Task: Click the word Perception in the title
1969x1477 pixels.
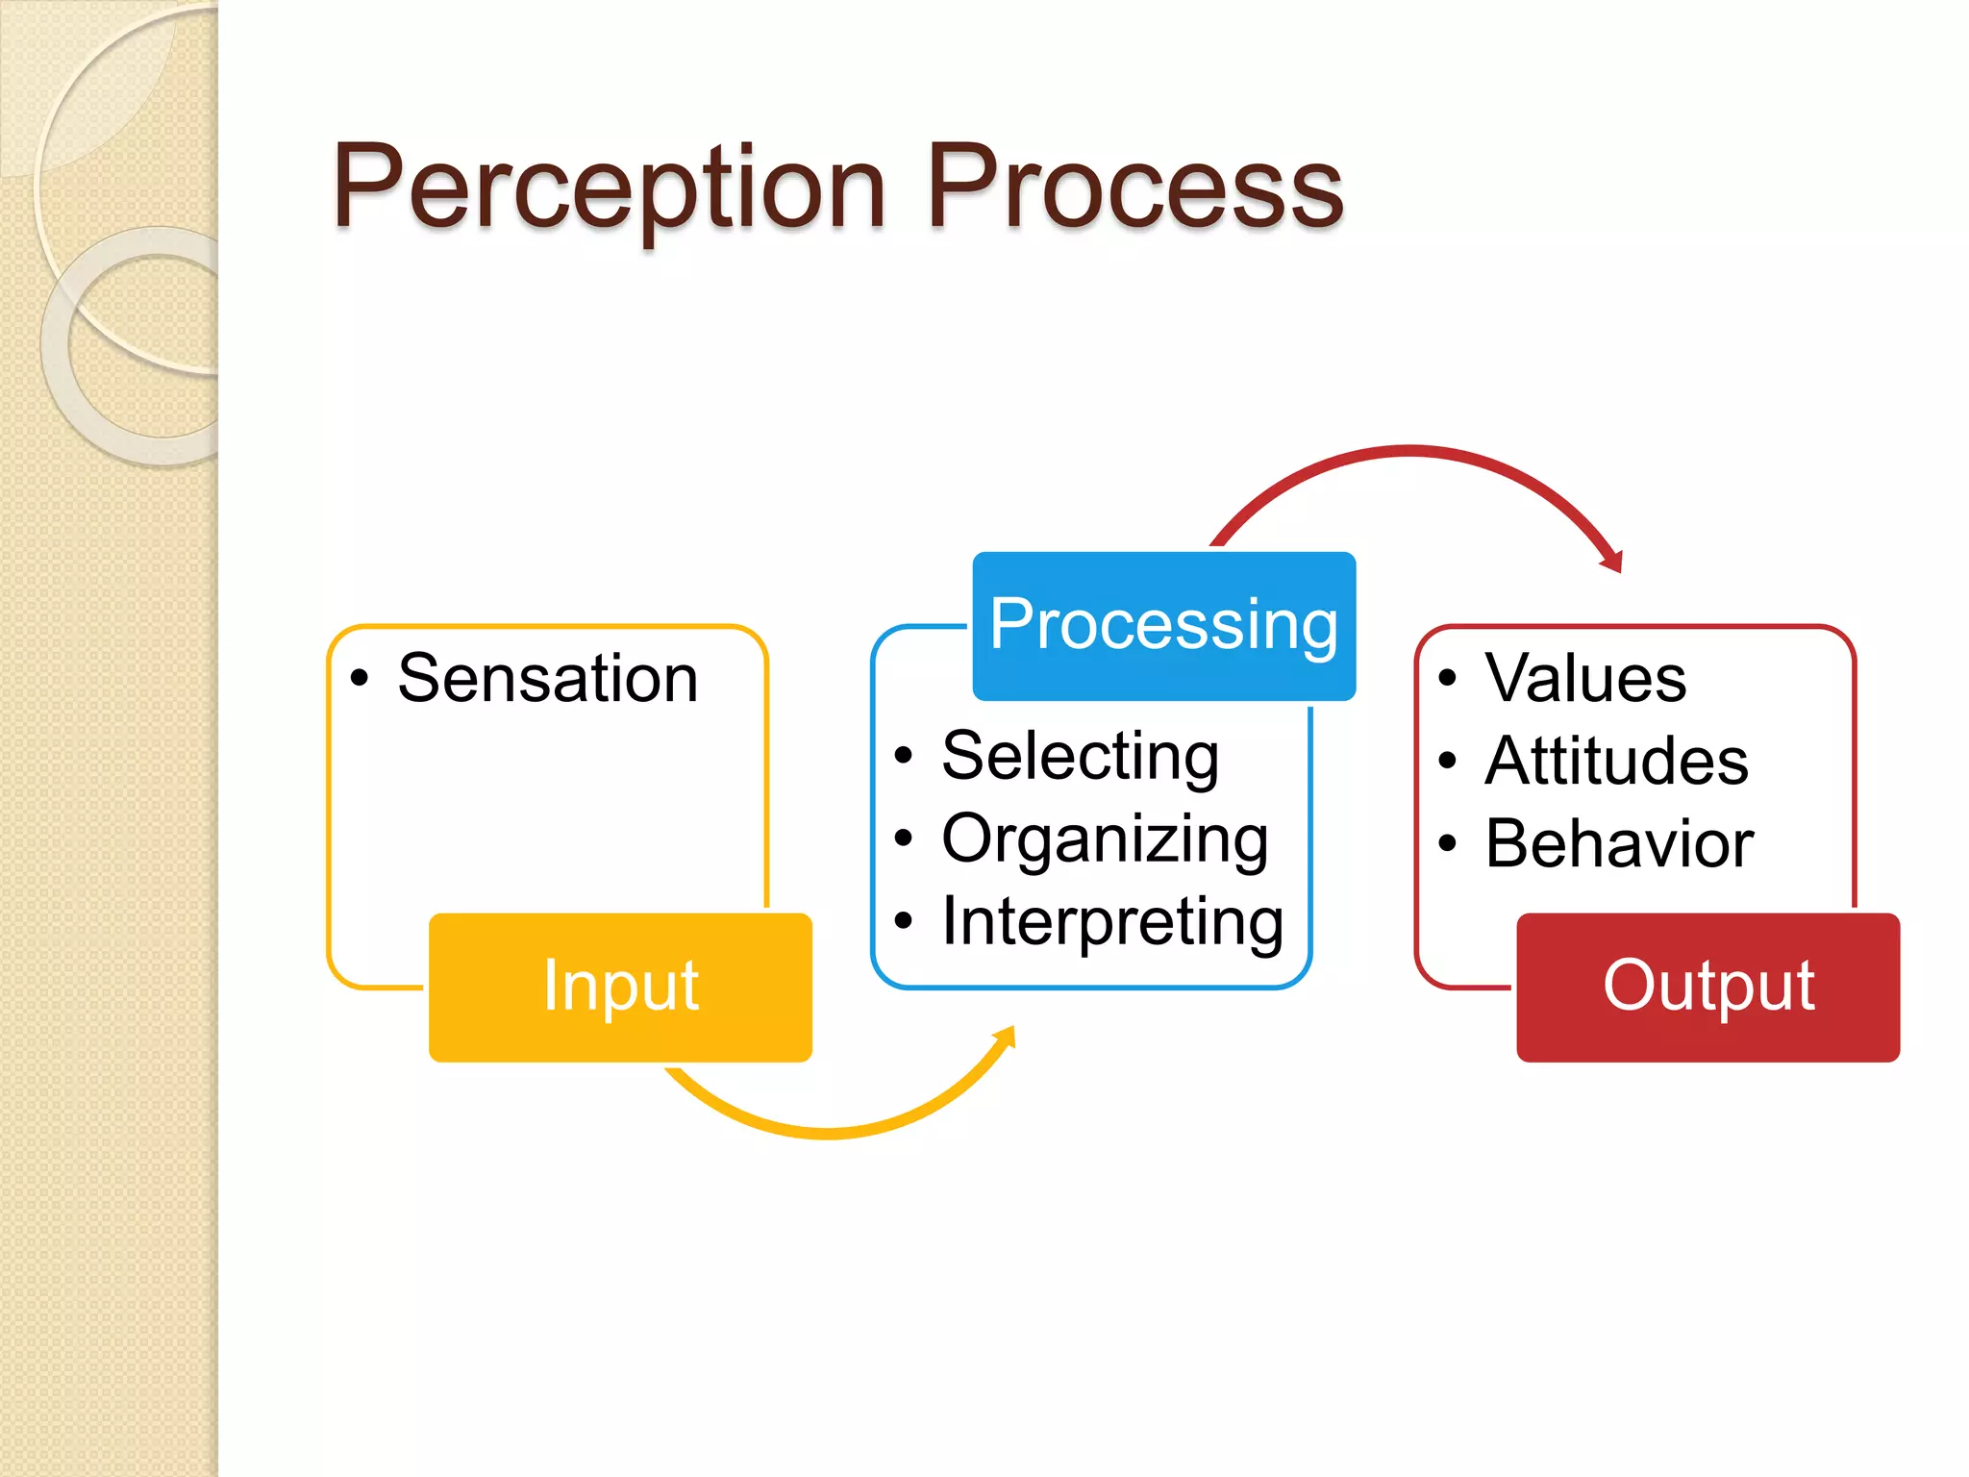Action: pyautogui.click(x=608, y=188)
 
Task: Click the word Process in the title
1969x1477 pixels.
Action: pyautogui.click(x=1134, y=188)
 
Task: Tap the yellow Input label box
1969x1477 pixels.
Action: pyautogui.click(x=620, y=987)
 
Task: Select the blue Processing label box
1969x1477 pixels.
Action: pyautogui.click(x=1163, y=625)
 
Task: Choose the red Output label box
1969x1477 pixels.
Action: pyautogui.click(x=1707, y=987)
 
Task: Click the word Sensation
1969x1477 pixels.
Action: pyautogui.click(x=547, y=679)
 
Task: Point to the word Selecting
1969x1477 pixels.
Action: pyautogui.click(x=1080, y=757)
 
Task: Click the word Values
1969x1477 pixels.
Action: pyautogui.click(x=1585, y=679)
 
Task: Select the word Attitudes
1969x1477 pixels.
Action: pyautogui.click(x=1616, y=762)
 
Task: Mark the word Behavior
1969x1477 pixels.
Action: pyautogui.click(x=1619, y=844)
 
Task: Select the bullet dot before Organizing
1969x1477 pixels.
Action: pyautogui.click(x=902, y=839)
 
